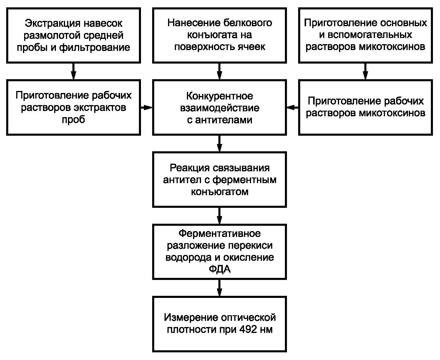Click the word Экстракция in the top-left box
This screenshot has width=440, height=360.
coord(53,24)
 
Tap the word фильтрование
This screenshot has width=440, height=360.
coord(94,48)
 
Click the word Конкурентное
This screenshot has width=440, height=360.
coord(220,96)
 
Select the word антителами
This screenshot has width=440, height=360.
coord(224,120)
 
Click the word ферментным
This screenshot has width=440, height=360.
coord(244,180)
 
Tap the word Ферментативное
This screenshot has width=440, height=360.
coord(220,233)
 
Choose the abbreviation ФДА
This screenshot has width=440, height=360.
coord(220,269)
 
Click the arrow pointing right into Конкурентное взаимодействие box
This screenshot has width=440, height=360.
coord(147,108)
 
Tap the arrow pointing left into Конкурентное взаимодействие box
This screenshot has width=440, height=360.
coord(292,108)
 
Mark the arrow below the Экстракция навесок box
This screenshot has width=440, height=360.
coord(74,71)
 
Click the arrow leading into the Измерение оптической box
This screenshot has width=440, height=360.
coord(220,288)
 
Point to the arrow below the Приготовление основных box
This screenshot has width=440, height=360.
coord(365,71)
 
